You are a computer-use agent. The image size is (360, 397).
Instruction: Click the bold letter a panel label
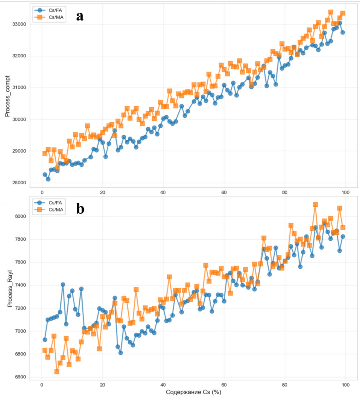click(80, 16)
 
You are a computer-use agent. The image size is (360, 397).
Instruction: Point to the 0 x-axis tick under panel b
click(42, 385)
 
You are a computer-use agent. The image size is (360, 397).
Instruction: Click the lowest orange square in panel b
click(57, 371)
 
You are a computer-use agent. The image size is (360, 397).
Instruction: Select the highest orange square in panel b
click(315, 205)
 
